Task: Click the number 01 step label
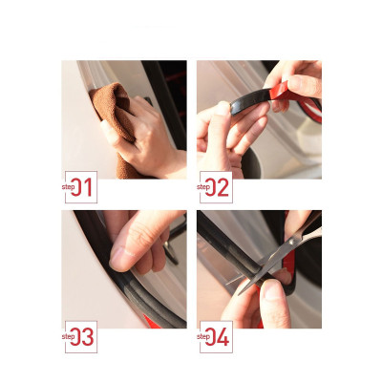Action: pos(84,187)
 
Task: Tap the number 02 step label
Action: pos(219,187)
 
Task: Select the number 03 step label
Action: pos(84,336)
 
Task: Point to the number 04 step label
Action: pos(219,336)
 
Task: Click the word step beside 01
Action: pos(68,186)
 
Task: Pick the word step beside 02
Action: pos(202,186)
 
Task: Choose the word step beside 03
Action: pos(68,335)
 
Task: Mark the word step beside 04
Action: pos(202,335)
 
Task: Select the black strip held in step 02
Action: pos(244,105)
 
